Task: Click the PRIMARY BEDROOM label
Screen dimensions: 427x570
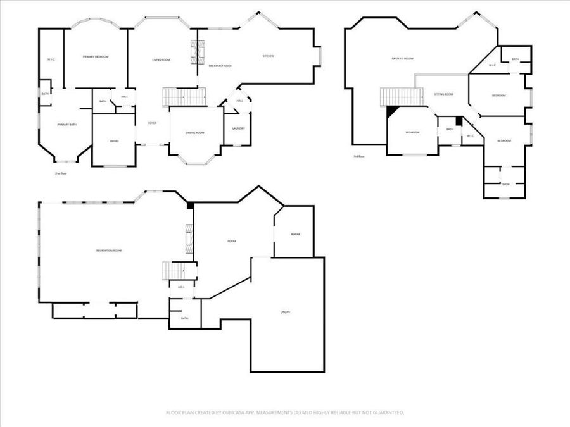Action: [96, 57]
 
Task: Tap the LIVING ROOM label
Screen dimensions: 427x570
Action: [161, 60]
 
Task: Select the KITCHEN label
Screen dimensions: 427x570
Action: [269, 56]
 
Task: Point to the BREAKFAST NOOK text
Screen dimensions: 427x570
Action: [219, 66]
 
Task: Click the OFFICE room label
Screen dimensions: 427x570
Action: [114, 141]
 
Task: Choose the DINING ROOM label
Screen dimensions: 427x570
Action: [194, 133]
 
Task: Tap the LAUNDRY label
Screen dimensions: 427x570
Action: [238, 128]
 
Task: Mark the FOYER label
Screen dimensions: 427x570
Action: [153, 123]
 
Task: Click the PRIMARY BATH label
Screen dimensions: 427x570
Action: [66, 125]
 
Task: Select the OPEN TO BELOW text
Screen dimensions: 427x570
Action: [402, 58]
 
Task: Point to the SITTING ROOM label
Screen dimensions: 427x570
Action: [443, 94]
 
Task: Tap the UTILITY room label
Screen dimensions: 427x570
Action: [285, 312]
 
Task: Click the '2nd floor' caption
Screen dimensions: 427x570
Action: [61, 173]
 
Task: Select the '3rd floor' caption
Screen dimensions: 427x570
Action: [358, 156]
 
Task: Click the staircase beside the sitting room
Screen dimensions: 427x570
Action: [402, 97]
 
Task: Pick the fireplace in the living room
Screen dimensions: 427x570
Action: [196, 49]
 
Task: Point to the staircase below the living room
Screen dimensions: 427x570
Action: [184, 97]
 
